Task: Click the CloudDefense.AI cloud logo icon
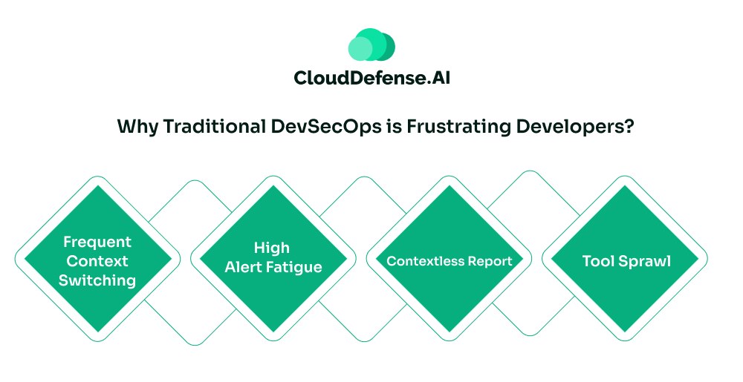coord(371,45)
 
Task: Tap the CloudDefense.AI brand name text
coord(371,78)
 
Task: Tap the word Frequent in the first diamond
coord(97,242)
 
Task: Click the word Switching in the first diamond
coord(97,280)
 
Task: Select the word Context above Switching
coord(97,261)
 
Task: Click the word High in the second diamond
coord(272,247)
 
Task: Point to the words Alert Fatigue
coord(273,266)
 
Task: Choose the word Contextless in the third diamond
coord(419,261)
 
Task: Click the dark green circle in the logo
coord(385,45)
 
